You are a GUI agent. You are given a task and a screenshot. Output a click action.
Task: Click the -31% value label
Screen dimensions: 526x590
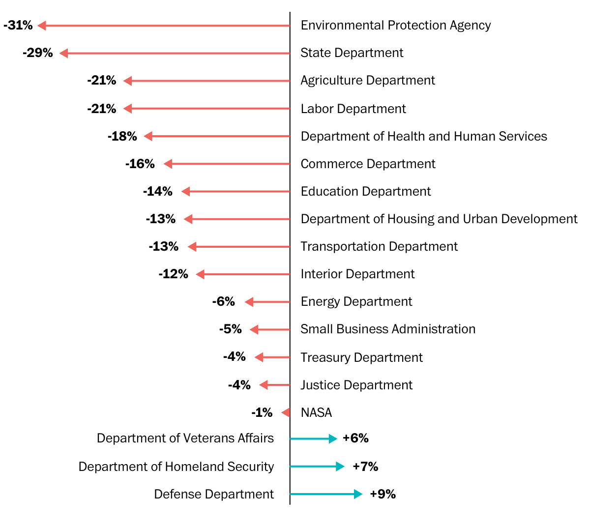[18, 25]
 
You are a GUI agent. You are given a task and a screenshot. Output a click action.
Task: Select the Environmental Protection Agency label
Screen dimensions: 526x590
[395, 25]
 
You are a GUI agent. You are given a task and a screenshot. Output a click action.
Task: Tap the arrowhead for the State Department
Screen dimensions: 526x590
[63, 53]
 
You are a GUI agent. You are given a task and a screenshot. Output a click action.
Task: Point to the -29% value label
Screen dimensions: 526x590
[38, 53]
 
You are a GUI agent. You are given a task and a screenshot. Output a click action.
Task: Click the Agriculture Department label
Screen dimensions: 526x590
[367, 81]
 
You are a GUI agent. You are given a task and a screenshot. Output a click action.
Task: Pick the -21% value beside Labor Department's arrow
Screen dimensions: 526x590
[102, 109]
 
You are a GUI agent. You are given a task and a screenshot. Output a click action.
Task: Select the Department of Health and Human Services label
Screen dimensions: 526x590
[423, 136]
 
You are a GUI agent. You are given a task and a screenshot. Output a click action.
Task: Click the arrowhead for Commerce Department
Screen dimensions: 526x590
[168, 164]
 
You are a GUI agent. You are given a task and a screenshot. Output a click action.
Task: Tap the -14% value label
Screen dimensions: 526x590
[158, 191]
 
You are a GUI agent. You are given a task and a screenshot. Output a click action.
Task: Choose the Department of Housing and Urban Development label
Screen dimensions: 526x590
[439, 219]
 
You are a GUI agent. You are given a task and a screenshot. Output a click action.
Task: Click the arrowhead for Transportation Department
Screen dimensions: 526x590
[192, 247]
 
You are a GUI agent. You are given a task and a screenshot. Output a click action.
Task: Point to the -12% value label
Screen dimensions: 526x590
[174, 274]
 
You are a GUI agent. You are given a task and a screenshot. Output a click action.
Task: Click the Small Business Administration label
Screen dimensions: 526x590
[387, 329]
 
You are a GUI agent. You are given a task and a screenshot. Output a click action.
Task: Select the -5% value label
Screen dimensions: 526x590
[231, 329]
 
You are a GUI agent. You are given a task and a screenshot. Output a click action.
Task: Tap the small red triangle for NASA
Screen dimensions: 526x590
[286, 412]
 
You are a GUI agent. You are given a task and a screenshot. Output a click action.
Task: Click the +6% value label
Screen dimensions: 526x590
[355, 438]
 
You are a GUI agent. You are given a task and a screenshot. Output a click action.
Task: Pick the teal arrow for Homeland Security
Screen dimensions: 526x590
[317, 467]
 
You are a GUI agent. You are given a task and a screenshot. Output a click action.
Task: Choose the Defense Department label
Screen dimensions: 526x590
[214, 494]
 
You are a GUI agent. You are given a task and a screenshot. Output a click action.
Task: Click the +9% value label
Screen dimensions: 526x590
[383, 494]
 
